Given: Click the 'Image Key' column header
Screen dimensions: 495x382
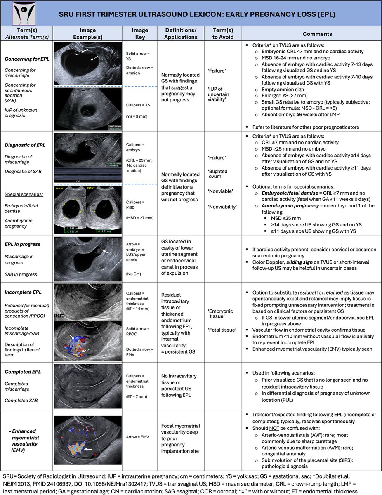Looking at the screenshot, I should (139, 33).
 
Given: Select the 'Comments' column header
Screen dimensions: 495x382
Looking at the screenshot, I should (311, 33).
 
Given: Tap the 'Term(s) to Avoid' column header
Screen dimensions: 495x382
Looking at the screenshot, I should (222, 33).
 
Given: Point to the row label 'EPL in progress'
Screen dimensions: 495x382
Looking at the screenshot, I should (23, 244).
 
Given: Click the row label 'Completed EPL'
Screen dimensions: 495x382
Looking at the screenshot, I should (23, 372).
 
